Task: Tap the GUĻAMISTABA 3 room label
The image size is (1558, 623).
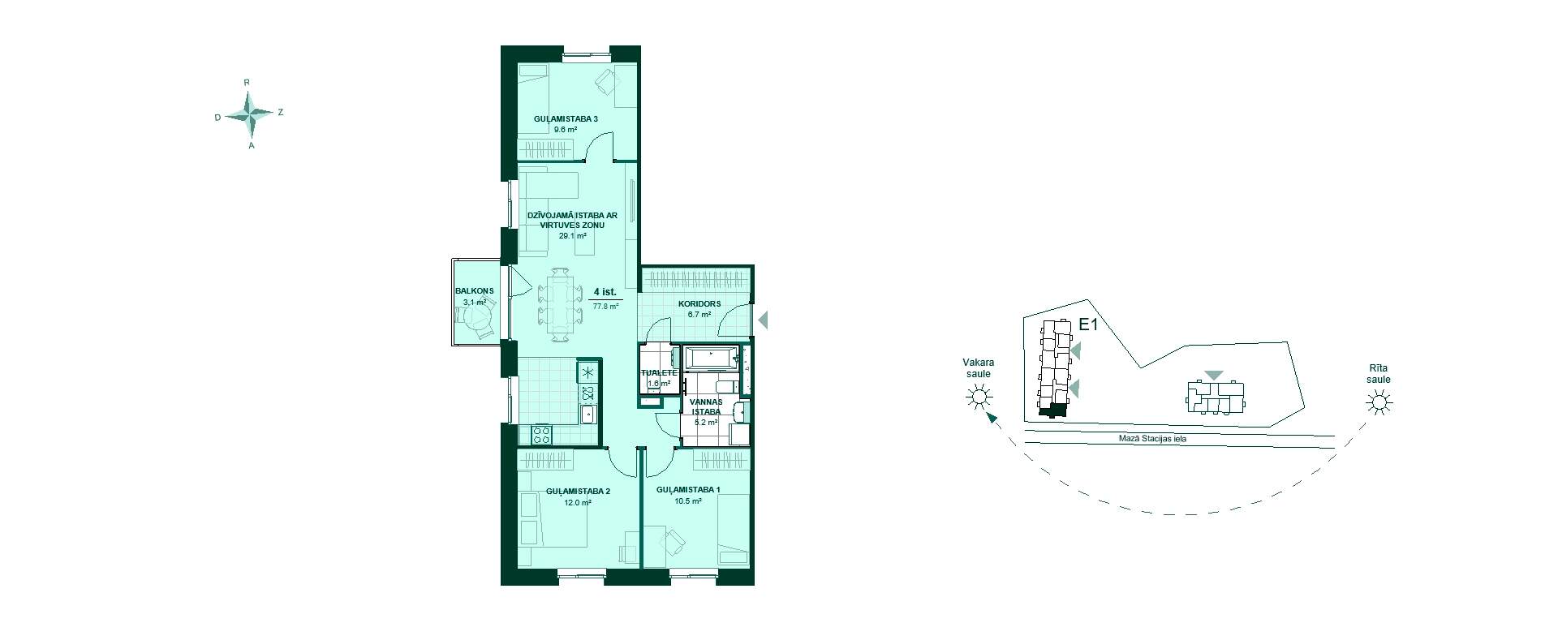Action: point(566,119)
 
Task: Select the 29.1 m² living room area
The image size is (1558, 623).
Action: point(572,236)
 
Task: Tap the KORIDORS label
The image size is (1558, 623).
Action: point(699,304)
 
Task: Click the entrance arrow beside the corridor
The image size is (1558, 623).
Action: point(763,321)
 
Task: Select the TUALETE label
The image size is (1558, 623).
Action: point(659,373)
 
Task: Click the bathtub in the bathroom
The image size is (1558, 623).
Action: point(711,358)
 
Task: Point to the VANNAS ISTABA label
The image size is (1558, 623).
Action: point(706,406)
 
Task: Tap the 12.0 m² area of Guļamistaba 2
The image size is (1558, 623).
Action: point(578,502)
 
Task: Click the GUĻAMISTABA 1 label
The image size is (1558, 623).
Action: point(688,489)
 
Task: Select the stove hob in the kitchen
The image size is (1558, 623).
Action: point(541,436)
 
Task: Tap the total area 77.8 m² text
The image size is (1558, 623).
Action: point(606,307)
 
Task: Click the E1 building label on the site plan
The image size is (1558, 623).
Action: point(1088,325)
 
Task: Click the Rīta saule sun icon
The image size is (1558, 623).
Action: point(1377,402)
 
